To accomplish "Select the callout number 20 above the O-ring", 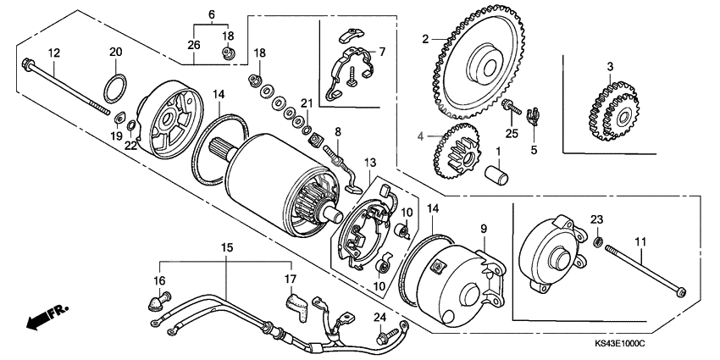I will tap(116, 53).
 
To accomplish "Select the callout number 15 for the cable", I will tap(226, 247).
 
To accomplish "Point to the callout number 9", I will tap(484, 229).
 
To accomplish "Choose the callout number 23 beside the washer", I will tap(598, 220).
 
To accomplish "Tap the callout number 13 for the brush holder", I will tap(368, 163).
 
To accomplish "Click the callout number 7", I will tap(381, 53).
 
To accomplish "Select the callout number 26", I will tap(194, 44).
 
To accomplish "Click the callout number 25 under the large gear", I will tap(511, 135).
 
